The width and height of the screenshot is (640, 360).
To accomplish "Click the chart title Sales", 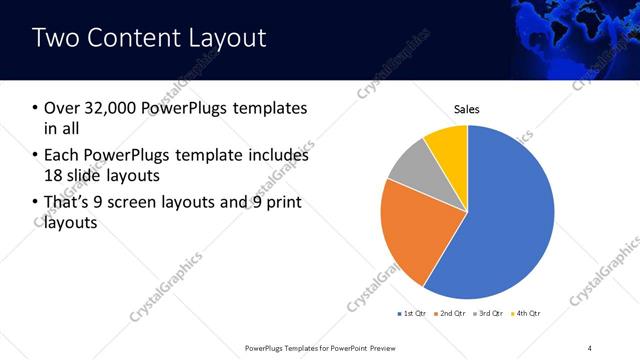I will pyautogui.click(x=467, y=108).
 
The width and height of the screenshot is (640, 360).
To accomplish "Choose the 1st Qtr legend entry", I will pyautogui.click(x=412, y=314).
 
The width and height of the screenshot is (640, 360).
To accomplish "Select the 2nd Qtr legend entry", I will pyautogui.click(x=450, y=314).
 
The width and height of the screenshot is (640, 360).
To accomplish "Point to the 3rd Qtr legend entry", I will pyautogui.click(x=488, y=314).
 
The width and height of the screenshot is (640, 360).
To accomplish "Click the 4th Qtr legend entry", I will pyautogui.click(x=526, y=314).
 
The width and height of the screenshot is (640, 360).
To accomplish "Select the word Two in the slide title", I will pyautogui.click(x=53, y=39).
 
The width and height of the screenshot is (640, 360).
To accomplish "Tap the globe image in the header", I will pyautogui.click(x=575, y=38).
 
